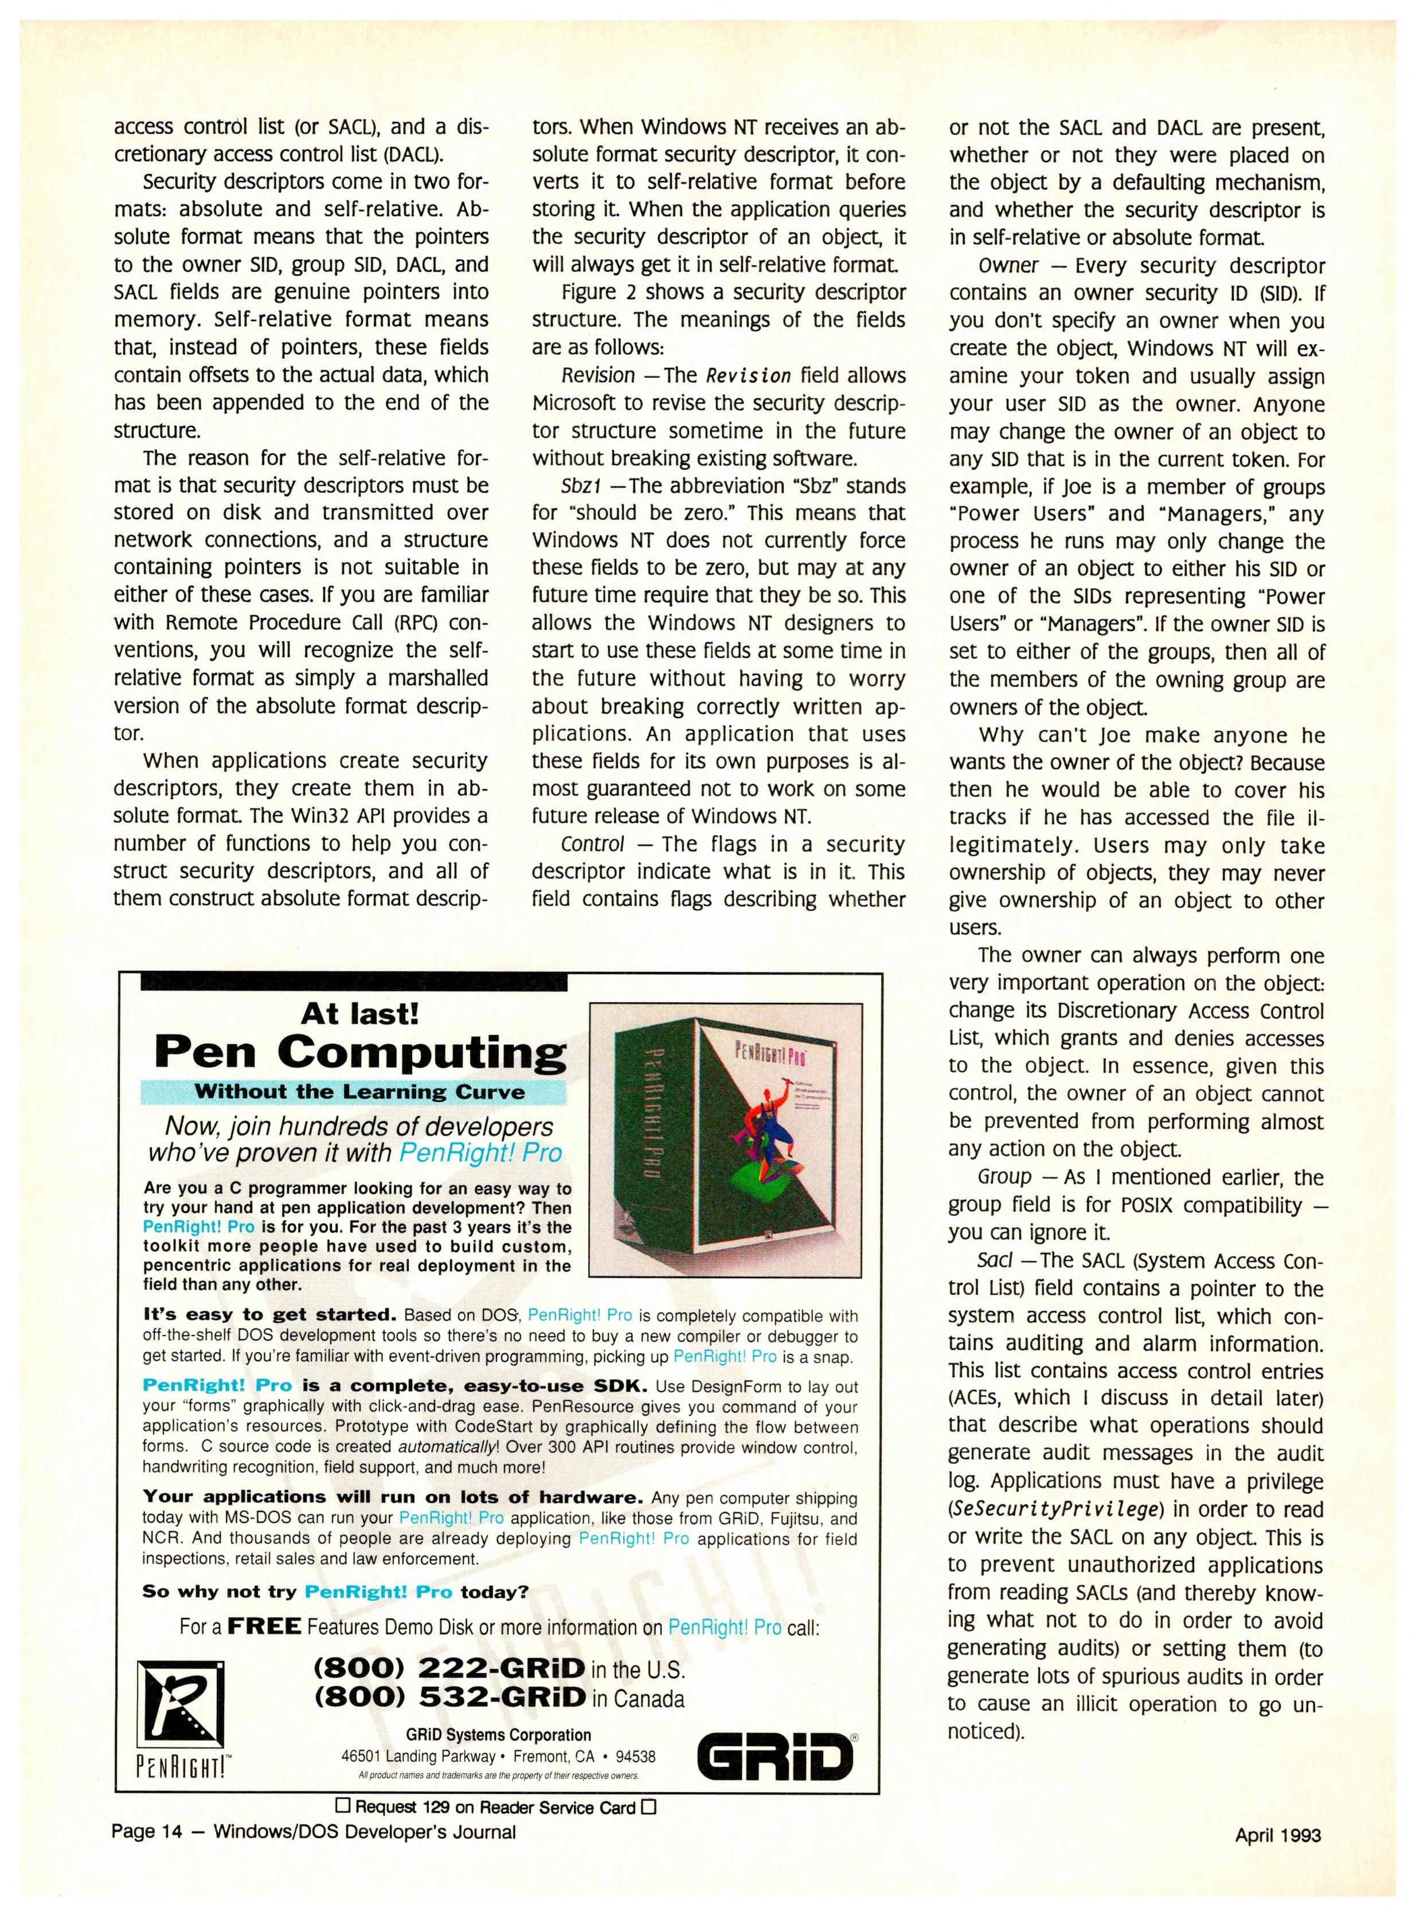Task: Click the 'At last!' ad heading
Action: point(360,1014)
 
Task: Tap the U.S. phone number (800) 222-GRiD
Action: point(450,1668)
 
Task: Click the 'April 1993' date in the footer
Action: point(1278,1835)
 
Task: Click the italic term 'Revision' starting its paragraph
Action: point(597,375)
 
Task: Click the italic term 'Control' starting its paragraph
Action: point(592,844)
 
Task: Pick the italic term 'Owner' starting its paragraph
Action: point(1008,265)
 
